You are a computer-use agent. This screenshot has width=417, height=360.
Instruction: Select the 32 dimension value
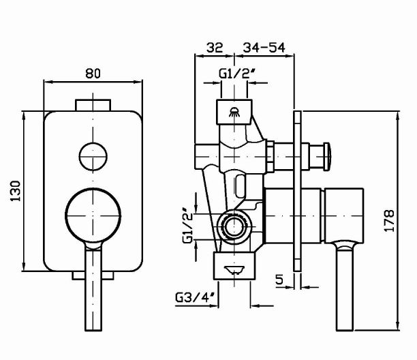215,47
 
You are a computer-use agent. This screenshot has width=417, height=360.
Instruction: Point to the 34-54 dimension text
262,47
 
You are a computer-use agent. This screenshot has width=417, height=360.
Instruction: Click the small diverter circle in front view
93,156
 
